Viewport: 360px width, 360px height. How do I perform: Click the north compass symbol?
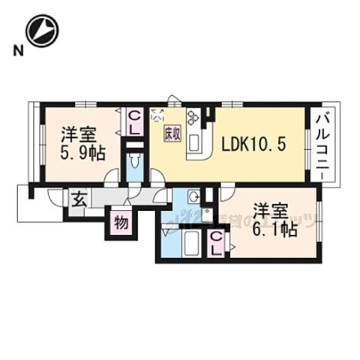click(41, 31)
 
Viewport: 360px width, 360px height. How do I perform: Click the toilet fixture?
click(135, 161)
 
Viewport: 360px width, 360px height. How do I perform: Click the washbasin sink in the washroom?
click(193, 197)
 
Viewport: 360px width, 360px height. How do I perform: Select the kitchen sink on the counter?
click(193, 141)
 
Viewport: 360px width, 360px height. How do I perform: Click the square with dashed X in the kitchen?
click(157, 115)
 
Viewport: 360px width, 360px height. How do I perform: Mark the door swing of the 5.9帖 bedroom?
click(111, 176)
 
